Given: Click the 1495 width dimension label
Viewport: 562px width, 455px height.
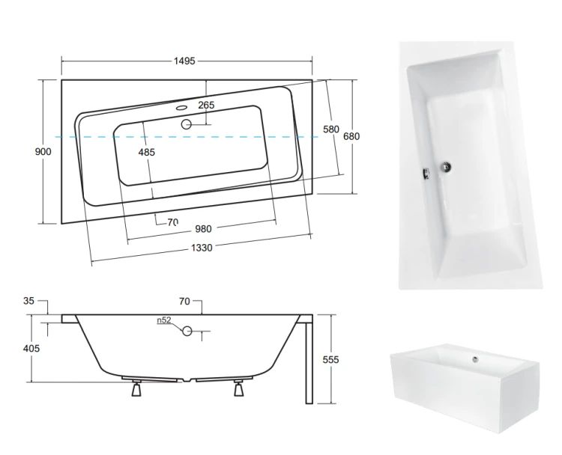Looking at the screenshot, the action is click(x=184, y=61).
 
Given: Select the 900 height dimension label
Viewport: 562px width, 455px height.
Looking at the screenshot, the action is click(x=43, y=151).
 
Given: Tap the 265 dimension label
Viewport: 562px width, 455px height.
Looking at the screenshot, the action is click(x=206, y=105).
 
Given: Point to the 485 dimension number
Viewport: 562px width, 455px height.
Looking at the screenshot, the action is click(x=147, y=152).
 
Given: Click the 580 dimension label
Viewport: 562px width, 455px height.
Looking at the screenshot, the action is click(x=330, y=129).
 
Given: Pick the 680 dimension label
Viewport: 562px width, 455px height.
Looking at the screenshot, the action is click(x=351, y=136).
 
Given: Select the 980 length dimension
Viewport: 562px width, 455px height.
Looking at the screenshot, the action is click(x=203, y=229).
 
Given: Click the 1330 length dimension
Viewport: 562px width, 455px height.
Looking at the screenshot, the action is click(x=202, y=248).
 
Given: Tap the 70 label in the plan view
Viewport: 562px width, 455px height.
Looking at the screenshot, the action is click(x=173, y=222).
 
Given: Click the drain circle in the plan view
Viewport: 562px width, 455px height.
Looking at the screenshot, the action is click(x=186, y=124).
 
